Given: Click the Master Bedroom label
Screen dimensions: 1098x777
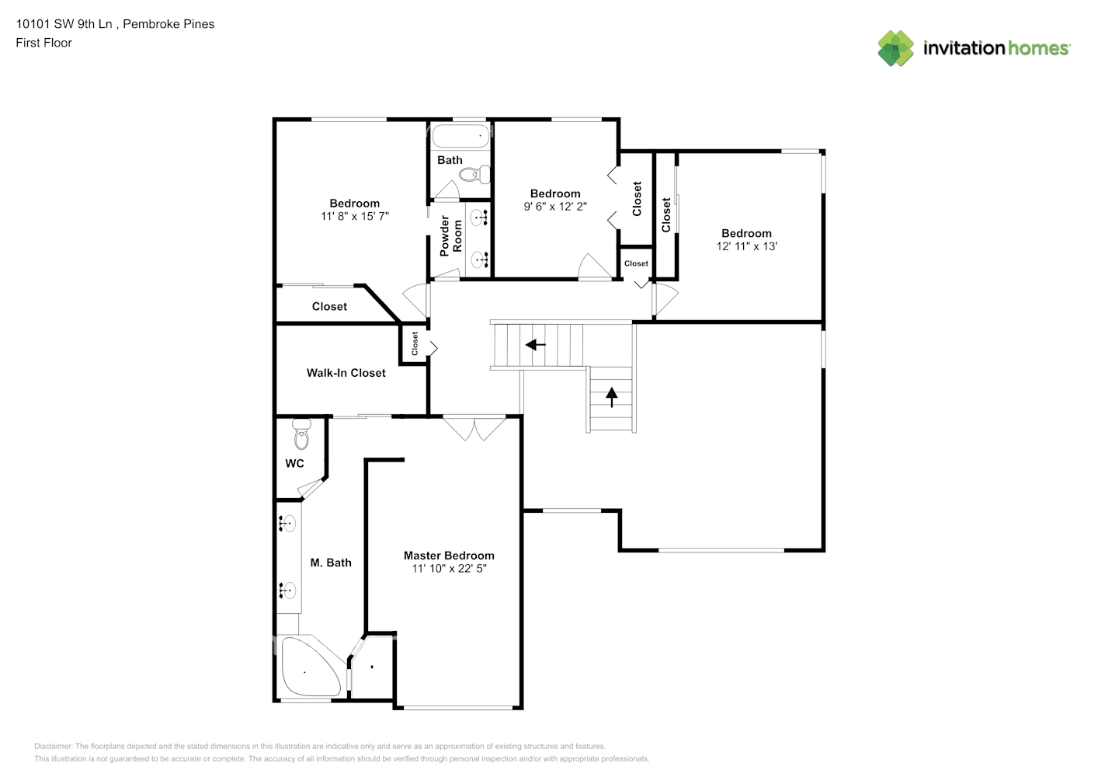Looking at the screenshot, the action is tap(449, 556).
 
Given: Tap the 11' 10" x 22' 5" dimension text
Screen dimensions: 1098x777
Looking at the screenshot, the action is tap(449, 569).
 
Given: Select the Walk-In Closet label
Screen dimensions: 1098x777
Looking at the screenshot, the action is tap(346, 373).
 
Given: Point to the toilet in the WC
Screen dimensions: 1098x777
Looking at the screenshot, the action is tap(301, 434).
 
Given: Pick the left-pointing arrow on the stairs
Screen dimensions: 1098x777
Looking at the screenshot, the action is tap(535, 345).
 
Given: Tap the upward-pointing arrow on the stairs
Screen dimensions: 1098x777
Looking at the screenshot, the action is tap(611, 397).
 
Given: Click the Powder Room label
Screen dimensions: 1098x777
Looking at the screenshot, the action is tap(451, 236).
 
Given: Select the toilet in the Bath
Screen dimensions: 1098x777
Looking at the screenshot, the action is tap(474, 174).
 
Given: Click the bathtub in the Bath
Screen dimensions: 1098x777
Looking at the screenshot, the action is tap(460, 136).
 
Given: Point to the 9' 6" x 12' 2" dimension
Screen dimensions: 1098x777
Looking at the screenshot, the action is tap(555, 207).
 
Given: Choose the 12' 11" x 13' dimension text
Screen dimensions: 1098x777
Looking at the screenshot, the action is tap(746, 246).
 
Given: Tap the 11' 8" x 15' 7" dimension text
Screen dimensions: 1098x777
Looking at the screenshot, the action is tap(354, 216).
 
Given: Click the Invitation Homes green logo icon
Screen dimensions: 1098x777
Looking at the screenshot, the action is tap(895, 48).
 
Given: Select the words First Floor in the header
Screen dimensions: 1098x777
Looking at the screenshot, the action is tap(43, 43).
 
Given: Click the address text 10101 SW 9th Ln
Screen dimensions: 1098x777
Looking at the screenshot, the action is tap(64, 24).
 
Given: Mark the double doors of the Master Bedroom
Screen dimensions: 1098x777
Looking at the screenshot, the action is tap(474, 428).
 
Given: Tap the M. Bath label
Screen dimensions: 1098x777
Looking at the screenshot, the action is tap(331, 563).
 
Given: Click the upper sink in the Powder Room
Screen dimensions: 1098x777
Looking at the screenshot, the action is tap(479, 218).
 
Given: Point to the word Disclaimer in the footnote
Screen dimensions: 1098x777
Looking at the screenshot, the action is tap(53, 746).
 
